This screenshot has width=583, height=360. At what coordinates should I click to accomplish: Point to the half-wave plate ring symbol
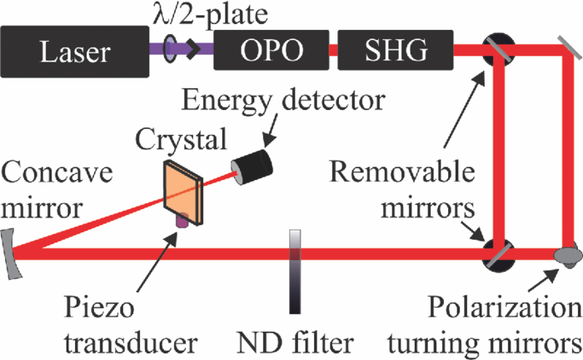tap(173, 51)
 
